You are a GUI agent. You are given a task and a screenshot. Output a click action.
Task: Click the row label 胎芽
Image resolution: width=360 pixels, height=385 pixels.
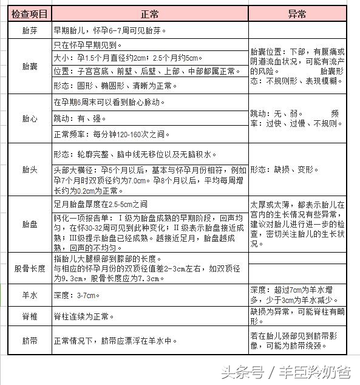point(29,30)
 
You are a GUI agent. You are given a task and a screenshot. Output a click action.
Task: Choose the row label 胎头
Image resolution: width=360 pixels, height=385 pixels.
point(29,169)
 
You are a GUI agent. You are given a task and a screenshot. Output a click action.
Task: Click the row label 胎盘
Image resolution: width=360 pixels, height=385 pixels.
point(29,224)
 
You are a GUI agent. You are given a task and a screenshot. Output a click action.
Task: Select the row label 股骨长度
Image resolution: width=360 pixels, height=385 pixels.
point(29,268)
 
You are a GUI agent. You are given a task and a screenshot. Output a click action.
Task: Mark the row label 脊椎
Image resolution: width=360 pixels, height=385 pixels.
point(29,317)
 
